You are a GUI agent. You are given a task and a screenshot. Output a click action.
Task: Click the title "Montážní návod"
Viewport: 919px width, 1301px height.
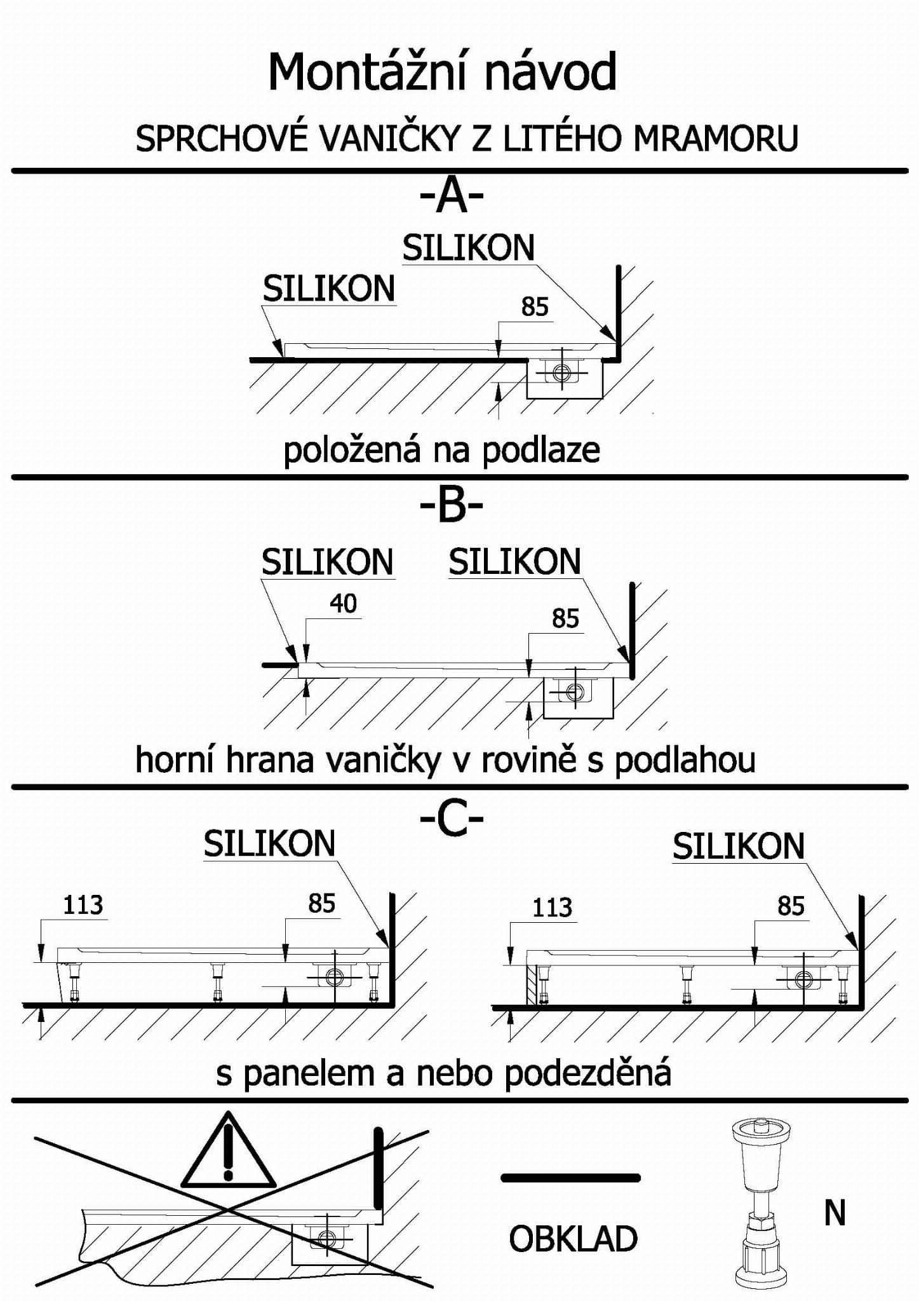point(443,72)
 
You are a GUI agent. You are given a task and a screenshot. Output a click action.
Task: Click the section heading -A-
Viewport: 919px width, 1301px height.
point(452,197)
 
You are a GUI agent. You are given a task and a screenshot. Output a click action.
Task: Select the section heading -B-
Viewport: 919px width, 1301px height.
point(452,507)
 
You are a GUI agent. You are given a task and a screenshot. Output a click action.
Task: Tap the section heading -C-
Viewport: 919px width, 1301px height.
point(452,819)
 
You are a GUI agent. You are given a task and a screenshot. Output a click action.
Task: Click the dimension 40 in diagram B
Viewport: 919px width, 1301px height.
point(343,603)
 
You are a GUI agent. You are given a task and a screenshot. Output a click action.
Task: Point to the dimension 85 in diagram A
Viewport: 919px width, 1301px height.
point(534,307)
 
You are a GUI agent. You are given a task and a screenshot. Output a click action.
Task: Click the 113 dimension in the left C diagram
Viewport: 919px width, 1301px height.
point(83,904)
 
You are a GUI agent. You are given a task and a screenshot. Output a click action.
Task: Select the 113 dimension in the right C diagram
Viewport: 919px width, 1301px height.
point(552,908)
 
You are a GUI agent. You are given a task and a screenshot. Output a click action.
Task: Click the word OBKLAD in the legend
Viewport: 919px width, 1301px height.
point(573,1239)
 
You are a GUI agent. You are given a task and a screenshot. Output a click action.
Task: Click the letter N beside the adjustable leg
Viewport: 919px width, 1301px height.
point(835,1213)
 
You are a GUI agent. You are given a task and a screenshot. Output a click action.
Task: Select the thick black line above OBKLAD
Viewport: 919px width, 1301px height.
point(570,1178)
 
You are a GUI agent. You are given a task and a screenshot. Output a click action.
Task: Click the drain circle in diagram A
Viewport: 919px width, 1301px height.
point(561,373)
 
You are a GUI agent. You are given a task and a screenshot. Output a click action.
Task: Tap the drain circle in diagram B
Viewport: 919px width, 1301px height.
point(575,691)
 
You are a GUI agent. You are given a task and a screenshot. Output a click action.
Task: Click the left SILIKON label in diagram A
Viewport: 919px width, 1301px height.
point(329,289)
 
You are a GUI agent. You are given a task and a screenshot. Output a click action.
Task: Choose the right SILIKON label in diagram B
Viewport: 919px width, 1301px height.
point(514,562)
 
